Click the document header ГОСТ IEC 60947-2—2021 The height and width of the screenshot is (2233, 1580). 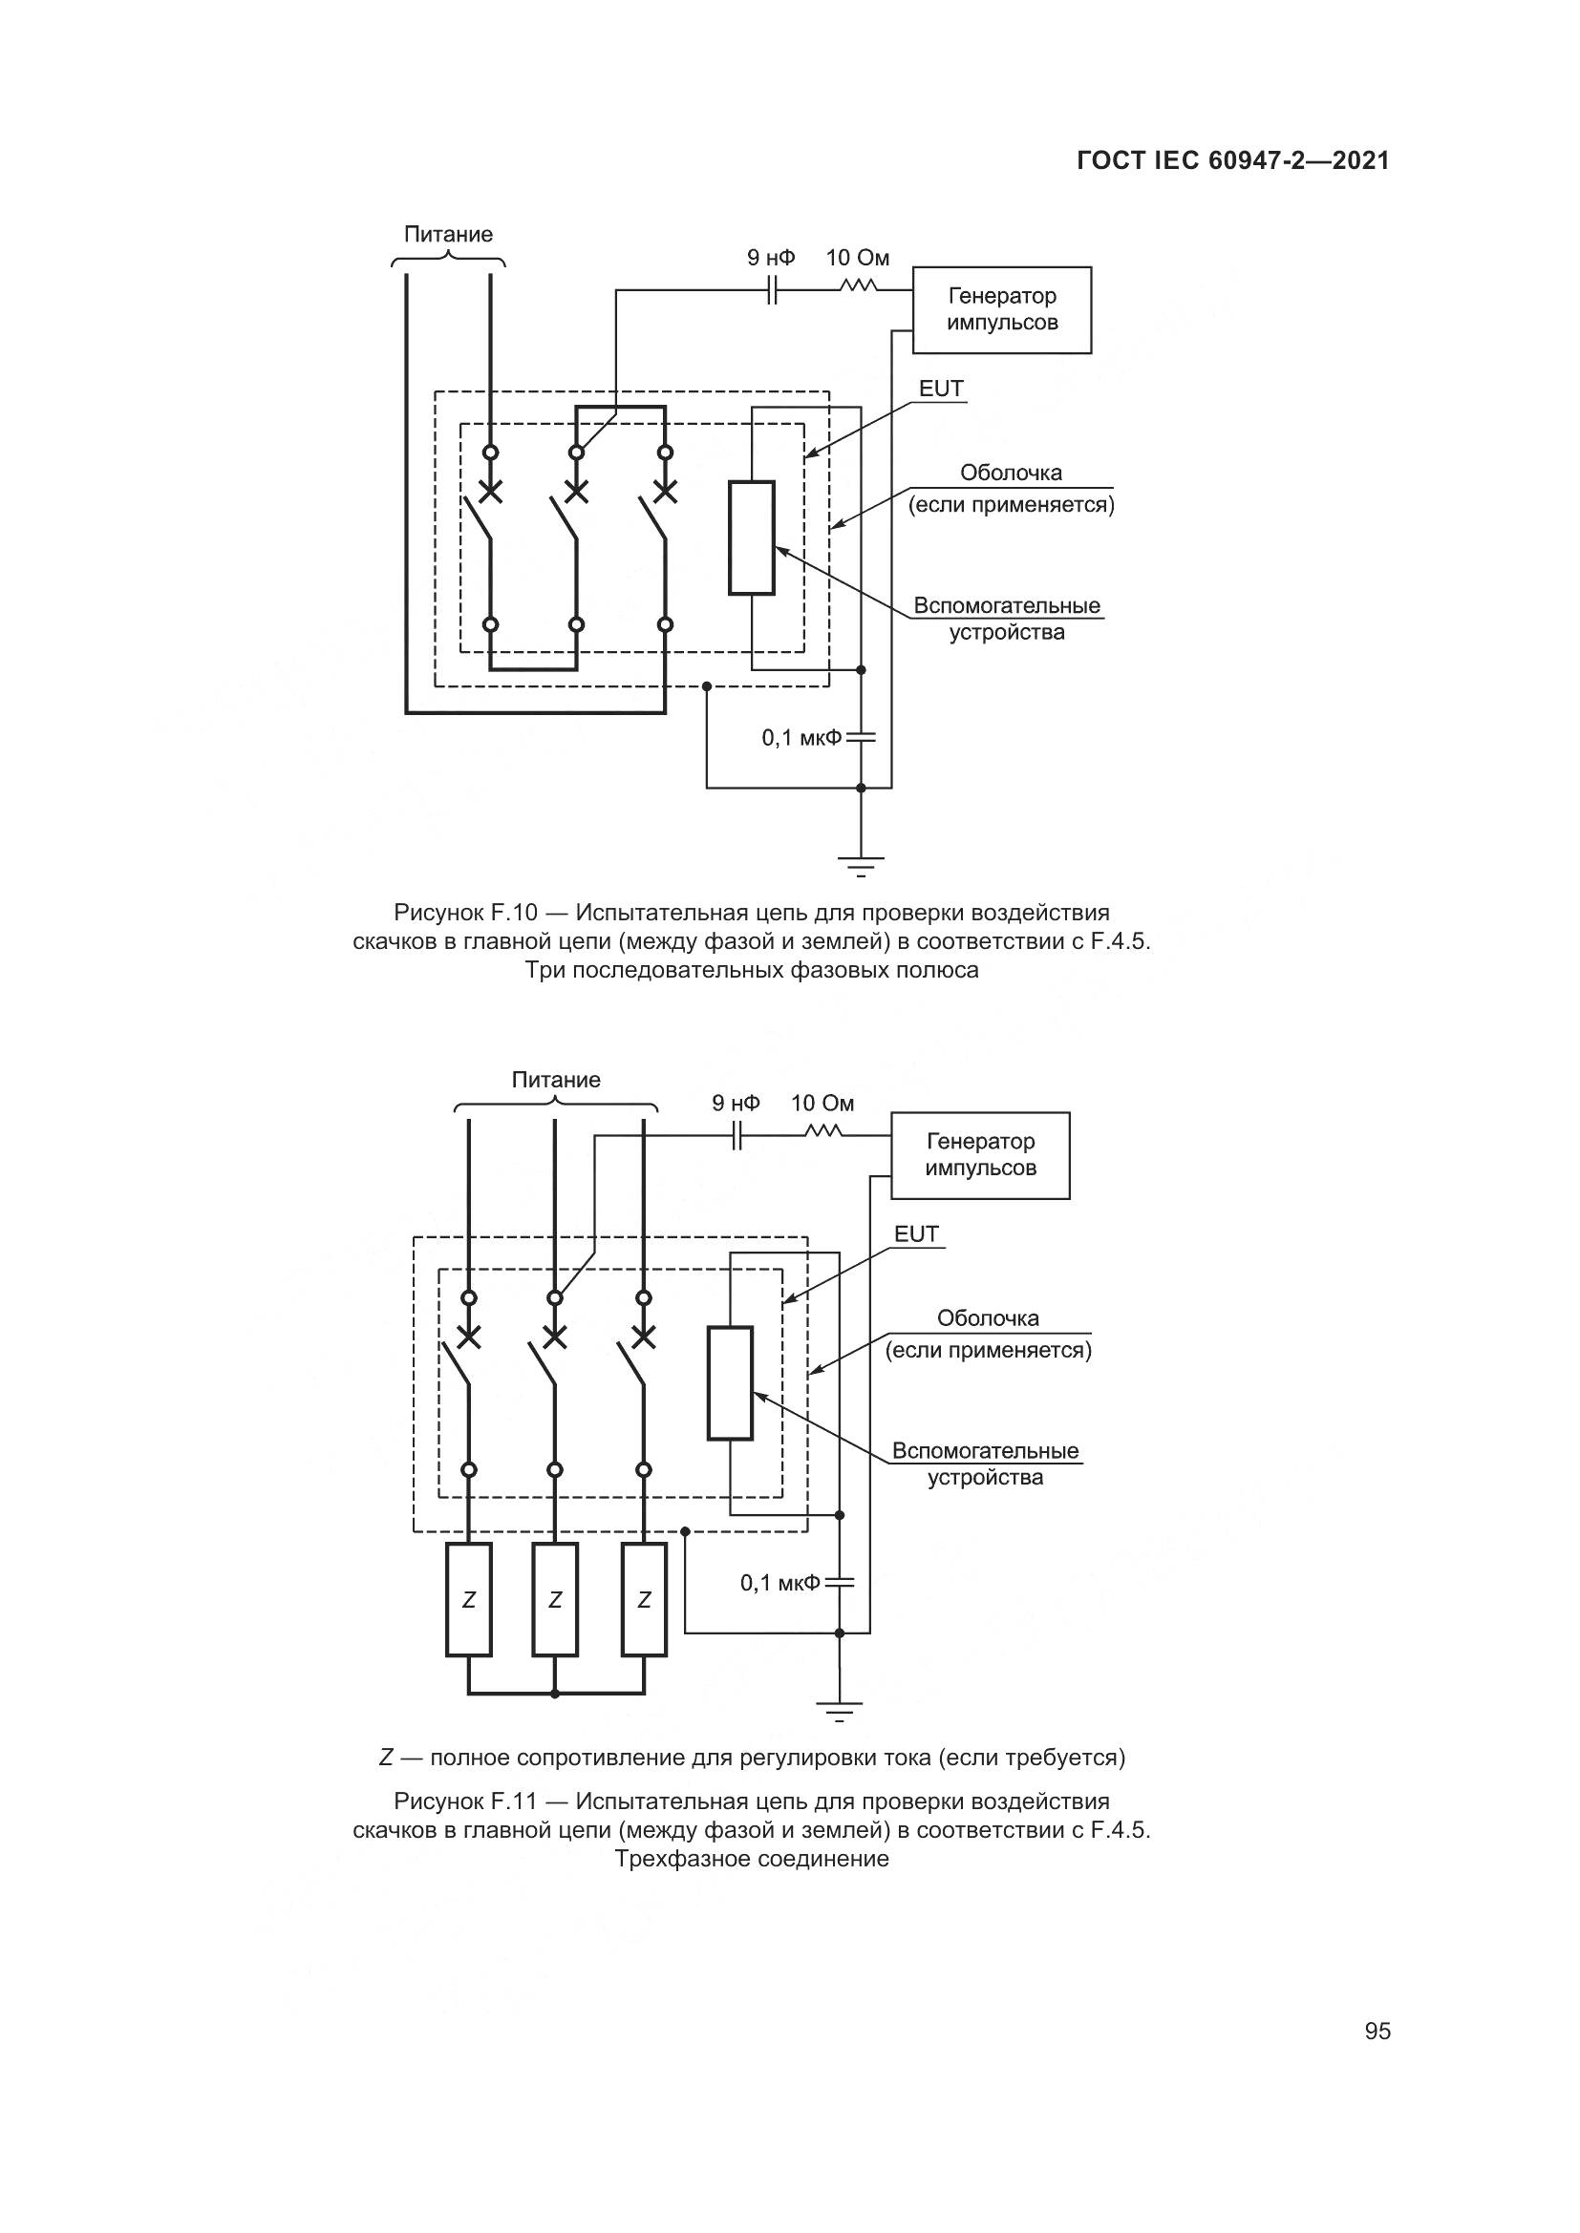pyautogui.click(x=1232, y=160)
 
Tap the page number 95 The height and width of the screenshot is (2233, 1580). pyautogui.click(x=1377, y=2031)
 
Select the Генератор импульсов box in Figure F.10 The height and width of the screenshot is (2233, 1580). pyautogui.click(x=1001, y=309)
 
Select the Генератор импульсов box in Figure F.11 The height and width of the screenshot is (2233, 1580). pyautogui.click(x=980, y=1154)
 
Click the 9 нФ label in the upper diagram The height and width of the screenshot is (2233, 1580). pyautogui.click(x=771, y=258)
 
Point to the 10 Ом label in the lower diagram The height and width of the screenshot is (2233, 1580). pyautogui.click(x=822, y=1103)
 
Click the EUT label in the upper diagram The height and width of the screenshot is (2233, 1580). pyautogui.click(x=941, y=389)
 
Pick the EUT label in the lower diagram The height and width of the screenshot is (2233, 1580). pyautogui.click(x=916, y=1234)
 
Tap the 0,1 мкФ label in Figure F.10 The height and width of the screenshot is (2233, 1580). pyautogui.click(x=801, y=738)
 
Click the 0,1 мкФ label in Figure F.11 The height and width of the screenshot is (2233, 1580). pyautogui.click(x=779, y=1583)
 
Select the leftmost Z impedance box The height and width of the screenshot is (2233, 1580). pyautogui.click(x=469, y=1599)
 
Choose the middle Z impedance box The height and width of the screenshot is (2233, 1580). pyautogui.click(x=555, y=1599)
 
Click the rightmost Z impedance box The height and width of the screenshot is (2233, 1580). pyautogui.click(x=644, y=1599)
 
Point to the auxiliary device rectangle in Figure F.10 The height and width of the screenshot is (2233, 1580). pyautogui.click(x=751, y=537)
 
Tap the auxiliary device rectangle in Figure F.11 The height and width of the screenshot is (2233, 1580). pyautogui.click(x=730, y=1382)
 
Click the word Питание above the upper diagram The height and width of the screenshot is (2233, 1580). pyautogui.click(x=449, y=235)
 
